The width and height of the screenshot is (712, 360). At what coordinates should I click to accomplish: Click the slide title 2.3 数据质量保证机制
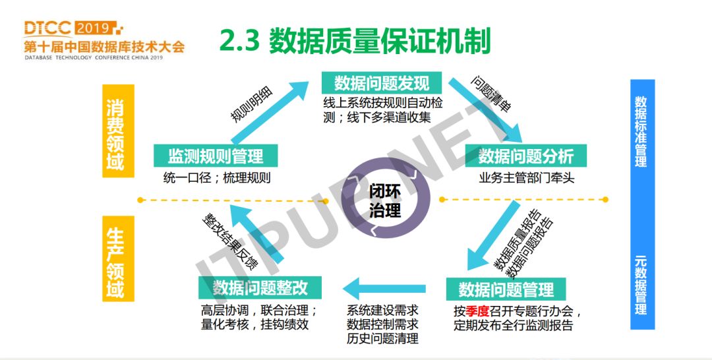(355, 41)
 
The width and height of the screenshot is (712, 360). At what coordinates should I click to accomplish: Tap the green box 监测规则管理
(216, 156)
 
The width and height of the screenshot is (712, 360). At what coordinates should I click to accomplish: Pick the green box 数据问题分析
(526, 156)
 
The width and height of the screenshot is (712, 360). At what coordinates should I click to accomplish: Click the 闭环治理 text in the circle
(385, 201)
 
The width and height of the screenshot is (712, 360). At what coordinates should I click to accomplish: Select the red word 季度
(477, 311)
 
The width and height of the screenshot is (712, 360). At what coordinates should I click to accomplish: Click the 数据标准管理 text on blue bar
(641, 132)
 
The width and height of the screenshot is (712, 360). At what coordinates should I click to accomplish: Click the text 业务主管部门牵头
(525, 178)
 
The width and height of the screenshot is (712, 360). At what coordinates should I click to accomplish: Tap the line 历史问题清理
(382, 339)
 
